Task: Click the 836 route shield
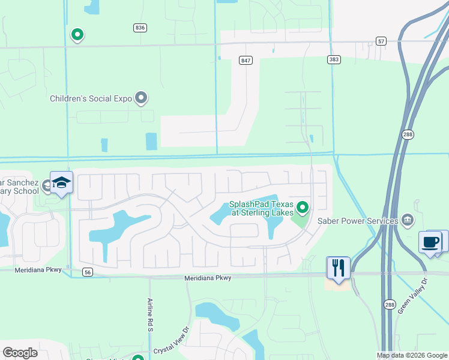point(140,28)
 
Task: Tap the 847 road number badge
point(245,61)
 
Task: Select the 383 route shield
point(334,59)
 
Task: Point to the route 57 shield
point(381,41)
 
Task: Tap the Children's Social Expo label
point(91,98)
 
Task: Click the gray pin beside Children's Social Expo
point(141,97)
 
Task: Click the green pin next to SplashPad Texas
point(303,208)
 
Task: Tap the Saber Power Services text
point(358,221)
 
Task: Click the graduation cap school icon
point(61,182)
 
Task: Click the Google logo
point(20,353)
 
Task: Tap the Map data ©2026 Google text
point(412,355)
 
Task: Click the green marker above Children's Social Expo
point(77,35)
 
